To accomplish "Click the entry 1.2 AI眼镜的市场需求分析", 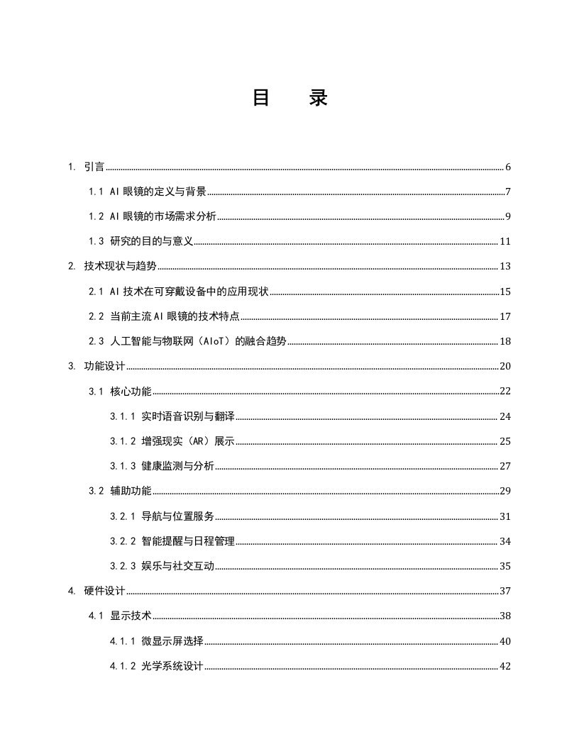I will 152,216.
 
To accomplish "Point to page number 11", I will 505,242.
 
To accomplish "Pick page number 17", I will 505,316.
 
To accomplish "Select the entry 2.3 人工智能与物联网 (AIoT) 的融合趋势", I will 187,341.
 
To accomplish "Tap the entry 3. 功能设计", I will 96,366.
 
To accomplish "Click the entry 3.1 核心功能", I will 120,391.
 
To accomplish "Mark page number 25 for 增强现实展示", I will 505,441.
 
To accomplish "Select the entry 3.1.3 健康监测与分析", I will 162,466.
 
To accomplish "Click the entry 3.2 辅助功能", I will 120,491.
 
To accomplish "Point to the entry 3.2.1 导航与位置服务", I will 162,516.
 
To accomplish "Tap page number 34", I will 505,541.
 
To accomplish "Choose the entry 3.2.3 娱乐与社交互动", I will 162,566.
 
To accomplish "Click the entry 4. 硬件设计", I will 96,591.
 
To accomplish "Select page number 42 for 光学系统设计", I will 505,666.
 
